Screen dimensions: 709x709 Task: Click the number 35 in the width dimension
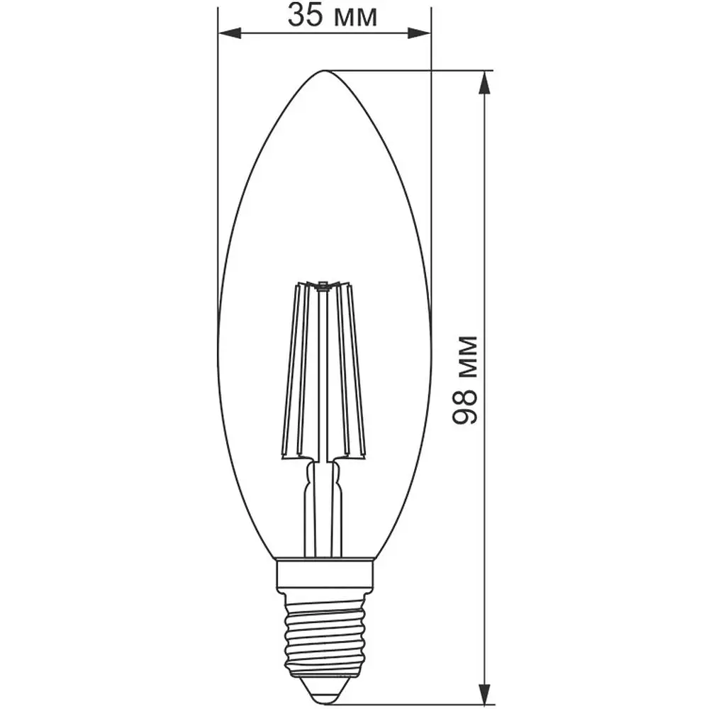tap(304, 15)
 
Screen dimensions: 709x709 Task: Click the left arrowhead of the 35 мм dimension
tap(230, 33)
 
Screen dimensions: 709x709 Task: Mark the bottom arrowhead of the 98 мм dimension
tap(484, 694)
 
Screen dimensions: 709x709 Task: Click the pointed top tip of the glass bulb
tap(324, 71)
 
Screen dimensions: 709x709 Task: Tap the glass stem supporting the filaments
tap(323, 507)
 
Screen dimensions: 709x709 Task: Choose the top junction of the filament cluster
tap(323, 286)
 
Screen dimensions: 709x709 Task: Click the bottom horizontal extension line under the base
tap(411, 705)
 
